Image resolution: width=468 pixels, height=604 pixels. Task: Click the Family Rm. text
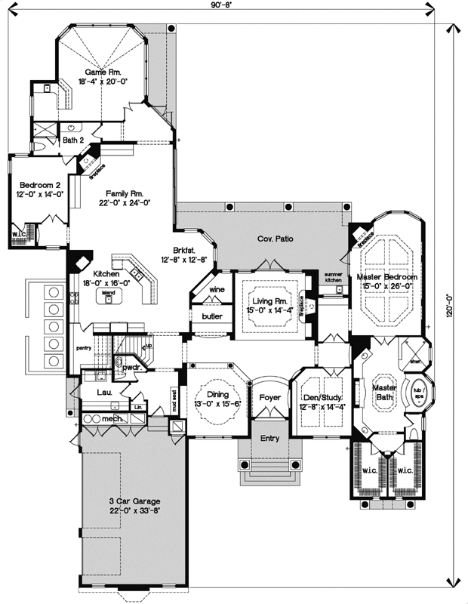point(124,193)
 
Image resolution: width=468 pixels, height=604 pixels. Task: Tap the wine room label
point(217,290)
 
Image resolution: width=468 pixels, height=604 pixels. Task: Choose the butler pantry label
point(211,316)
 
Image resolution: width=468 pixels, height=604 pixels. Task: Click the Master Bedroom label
point(386,277)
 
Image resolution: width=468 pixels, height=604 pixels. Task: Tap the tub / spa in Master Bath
point(417,392)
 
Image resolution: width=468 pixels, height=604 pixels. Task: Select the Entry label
point(269,438)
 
